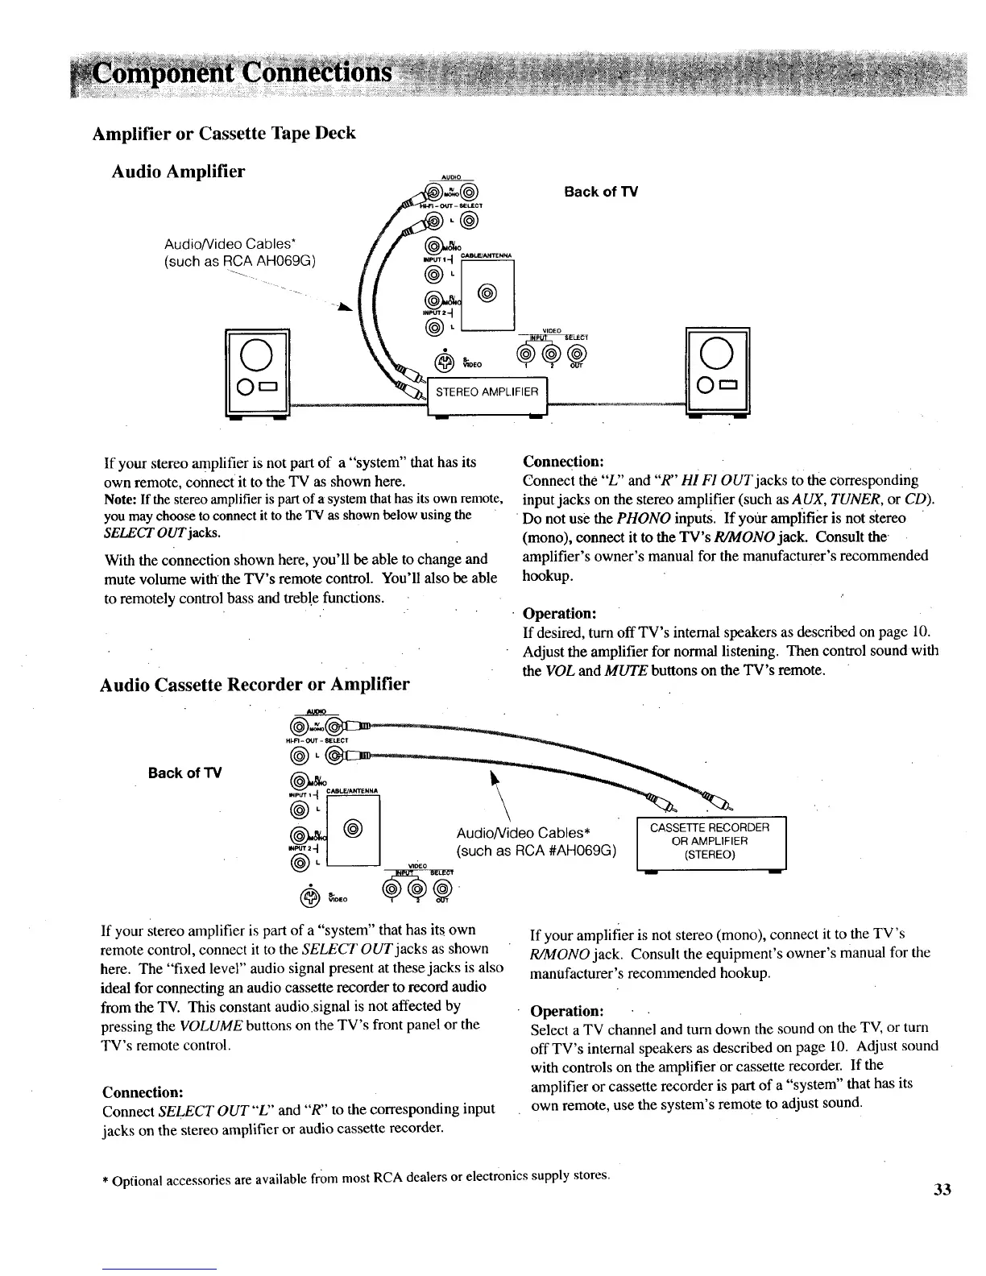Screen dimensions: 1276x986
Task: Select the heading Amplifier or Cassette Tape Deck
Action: point(224,133)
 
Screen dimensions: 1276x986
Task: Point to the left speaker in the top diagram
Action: point(257,370)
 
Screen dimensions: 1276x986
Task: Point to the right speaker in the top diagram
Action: point(716,370)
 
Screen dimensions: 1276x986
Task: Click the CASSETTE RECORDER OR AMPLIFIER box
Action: point(710,841)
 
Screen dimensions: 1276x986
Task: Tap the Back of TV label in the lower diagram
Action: point(185,773)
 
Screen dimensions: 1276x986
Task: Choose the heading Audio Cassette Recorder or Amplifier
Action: point(255,686)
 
